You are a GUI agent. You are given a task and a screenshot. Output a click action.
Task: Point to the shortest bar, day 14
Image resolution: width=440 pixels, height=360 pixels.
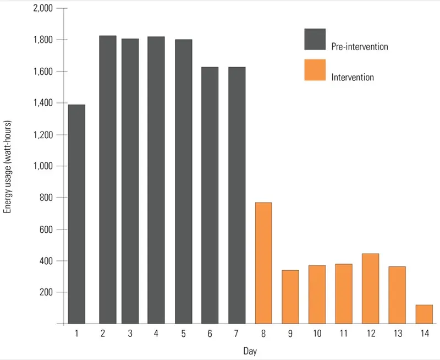coord(424,314)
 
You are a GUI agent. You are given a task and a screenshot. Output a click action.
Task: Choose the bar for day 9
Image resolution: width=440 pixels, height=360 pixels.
coord(290,297)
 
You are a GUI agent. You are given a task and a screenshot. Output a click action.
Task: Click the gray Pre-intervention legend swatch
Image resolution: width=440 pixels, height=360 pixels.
coord(315,40)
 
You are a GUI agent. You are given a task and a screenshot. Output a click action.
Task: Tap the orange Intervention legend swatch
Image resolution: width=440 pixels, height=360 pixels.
coord(315,70)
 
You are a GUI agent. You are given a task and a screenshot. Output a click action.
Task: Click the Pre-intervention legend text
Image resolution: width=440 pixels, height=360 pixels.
coord(359,47)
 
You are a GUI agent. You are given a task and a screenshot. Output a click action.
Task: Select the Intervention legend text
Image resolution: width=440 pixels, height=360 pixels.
coord(353,78)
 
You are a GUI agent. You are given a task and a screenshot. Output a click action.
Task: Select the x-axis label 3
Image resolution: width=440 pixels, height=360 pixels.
coord(130,334)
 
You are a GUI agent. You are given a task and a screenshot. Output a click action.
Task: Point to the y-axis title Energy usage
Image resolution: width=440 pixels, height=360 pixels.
coord(8,166)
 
